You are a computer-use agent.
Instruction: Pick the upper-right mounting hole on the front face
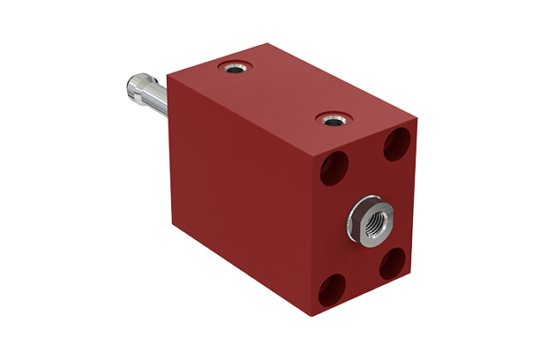point(396,143)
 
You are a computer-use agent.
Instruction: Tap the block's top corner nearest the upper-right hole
point(415,116)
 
